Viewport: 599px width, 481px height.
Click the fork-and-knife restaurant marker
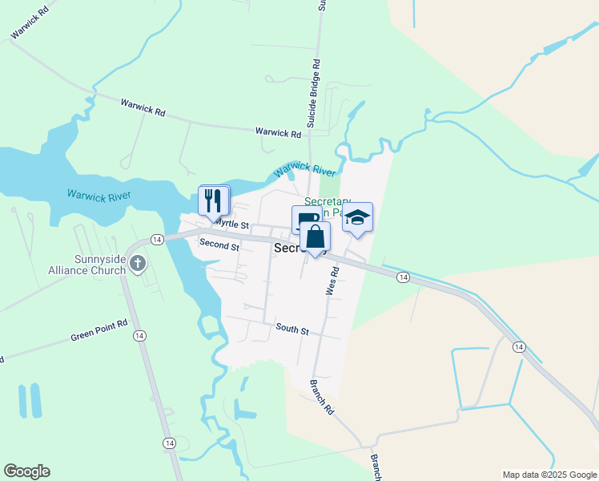tap(213, 200)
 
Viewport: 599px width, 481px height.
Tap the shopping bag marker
tap(316, 237)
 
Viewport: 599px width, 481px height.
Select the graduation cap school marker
tap(357, 217)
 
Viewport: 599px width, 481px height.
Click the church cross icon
tap(138, 263)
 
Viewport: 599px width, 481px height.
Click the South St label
tap(291, 328)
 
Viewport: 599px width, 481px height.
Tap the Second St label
tap(219, 245)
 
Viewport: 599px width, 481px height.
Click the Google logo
tap(26, 471)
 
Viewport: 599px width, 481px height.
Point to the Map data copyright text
tap(549, 475)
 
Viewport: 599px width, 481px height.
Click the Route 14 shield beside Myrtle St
tap(156, 239)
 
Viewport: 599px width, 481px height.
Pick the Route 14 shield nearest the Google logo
tap(169, 443)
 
